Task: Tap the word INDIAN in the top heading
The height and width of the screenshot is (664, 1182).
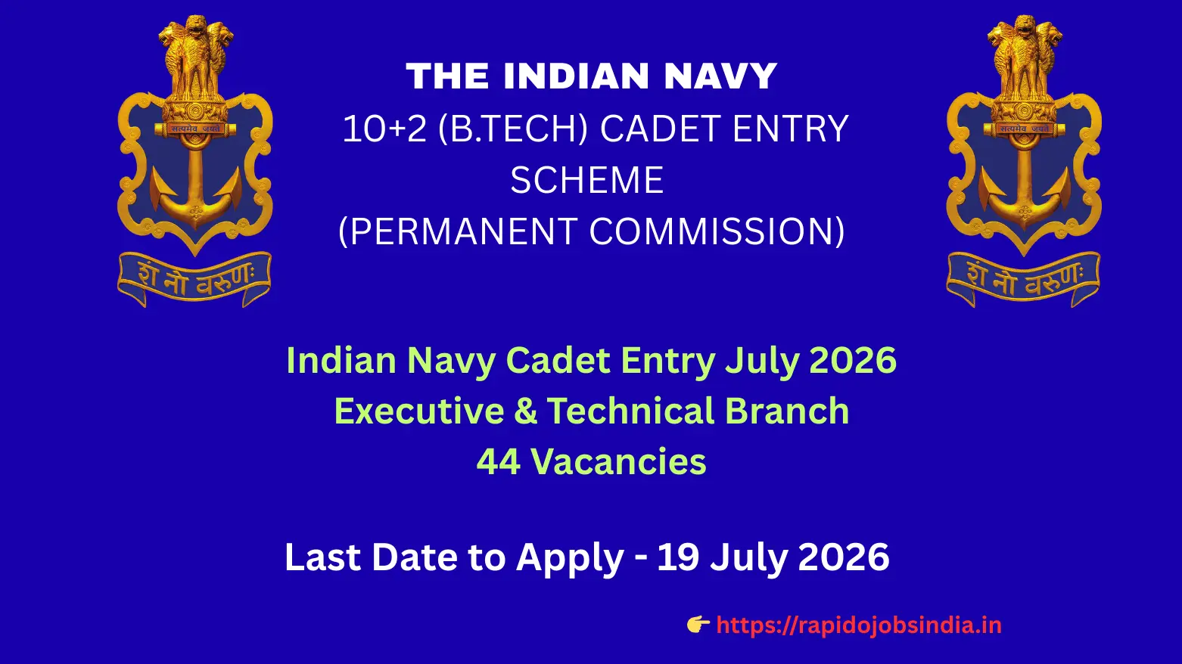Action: tap(576, 76)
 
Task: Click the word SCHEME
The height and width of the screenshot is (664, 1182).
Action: tap(587, 181)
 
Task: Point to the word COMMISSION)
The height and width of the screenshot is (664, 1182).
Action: tap(717, 231)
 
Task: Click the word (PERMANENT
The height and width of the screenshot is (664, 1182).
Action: tap(457, 231)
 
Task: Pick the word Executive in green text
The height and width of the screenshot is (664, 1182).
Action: tap(418, 411)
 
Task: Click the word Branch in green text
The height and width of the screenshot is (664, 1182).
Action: tap(787, 411)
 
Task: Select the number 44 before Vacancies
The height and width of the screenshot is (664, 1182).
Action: tap(498, 461)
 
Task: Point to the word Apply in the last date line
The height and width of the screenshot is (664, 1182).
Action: tap(570, 558)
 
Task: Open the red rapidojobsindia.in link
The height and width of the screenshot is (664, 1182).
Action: tap(858, 625)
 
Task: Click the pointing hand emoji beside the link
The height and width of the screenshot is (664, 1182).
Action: tap(698, 624)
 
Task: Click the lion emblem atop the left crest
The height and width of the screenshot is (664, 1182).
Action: tap(196, 61)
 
